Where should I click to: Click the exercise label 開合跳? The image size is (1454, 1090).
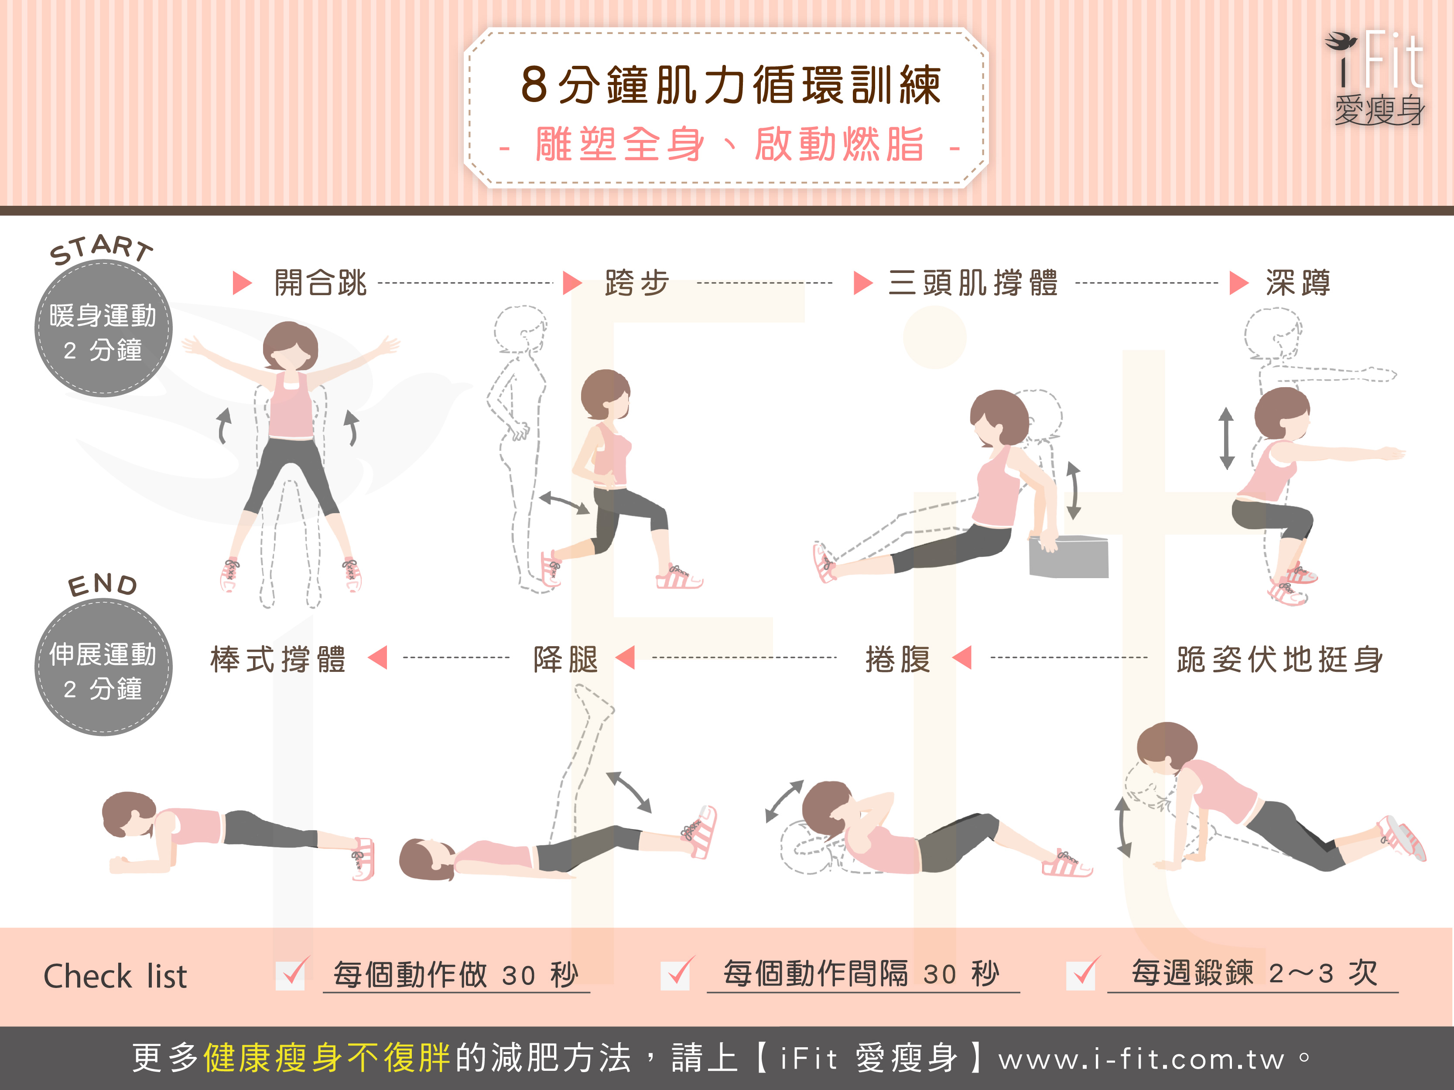coord(320,283)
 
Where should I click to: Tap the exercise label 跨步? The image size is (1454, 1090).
coord(637,283)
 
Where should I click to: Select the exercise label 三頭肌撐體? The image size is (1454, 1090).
coord(973,283)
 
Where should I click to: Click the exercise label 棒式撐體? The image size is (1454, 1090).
coord(277,659)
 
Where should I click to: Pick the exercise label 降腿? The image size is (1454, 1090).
coord(566,659)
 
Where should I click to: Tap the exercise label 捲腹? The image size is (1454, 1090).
coord(898,659)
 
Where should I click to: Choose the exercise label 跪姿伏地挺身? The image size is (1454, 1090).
coord(1280,659)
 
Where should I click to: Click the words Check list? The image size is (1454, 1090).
coord(115,976)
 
